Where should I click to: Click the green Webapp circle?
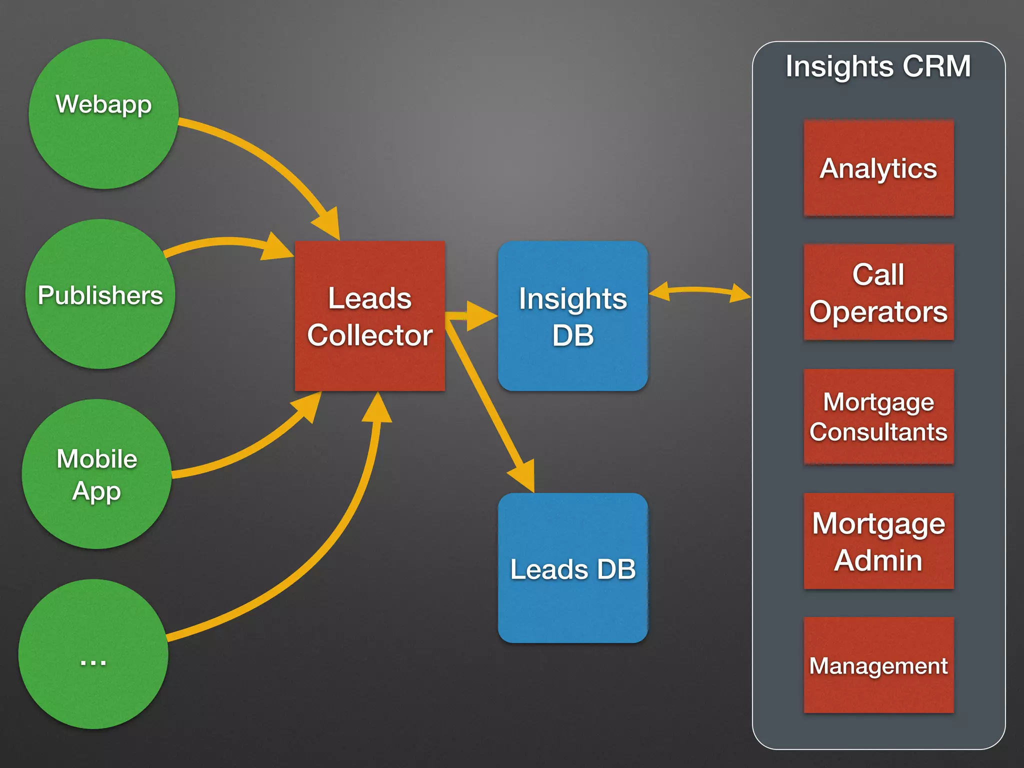point(103,114)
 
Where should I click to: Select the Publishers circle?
point(100,294)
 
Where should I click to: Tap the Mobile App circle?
point(96,474)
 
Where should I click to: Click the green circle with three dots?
point(93,654)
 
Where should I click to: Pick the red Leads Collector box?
point(369,316)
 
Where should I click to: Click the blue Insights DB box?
point(572,316)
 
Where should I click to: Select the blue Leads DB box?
point(572,568)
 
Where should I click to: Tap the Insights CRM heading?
point(878,66)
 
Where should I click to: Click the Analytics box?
point(878,168)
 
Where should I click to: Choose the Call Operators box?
point(878,292)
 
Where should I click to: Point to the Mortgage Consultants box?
point(878,416)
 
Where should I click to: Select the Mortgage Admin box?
point(878,541)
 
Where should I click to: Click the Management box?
point(878,665)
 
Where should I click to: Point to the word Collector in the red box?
point(369,335)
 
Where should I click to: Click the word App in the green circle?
point(96,491)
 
